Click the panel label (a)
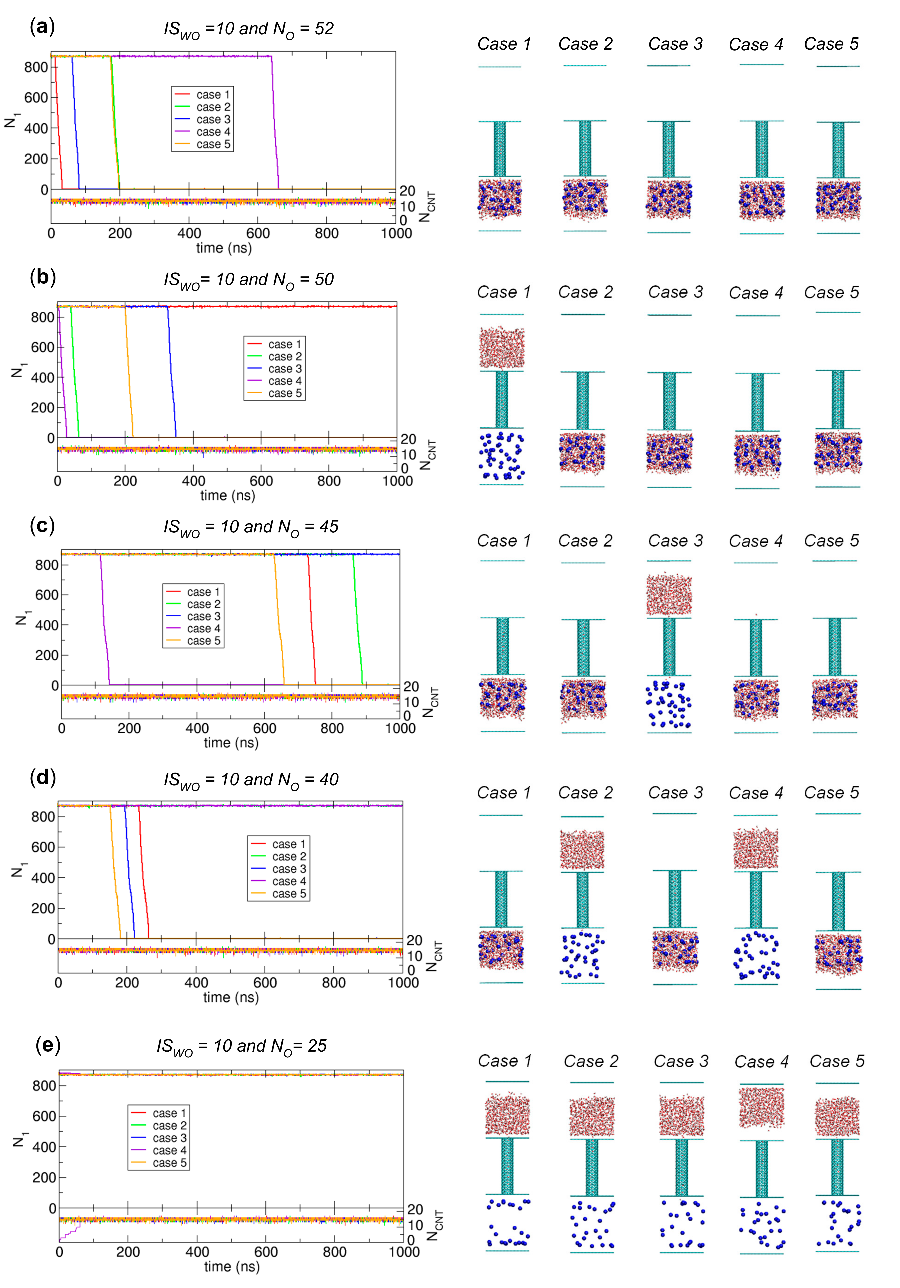click(42, 26)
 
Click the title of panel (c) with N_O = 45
click(251, 527)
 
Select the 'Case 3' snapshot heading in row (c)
click(675, 541)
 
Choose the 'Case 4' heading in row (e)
click(761, 1061)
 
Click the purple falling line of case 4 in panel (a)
click(275, 123)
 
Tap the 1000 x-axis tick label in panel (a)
click(396, 233)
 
